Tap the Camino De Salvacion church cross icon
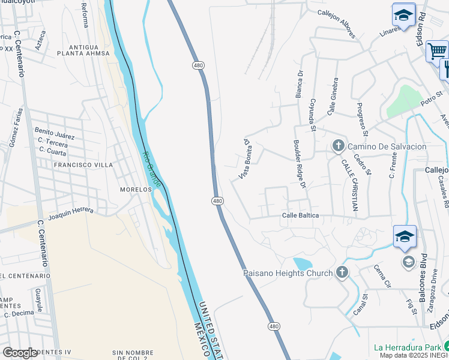[338, 146]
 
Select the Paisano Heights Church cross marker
[342, 273]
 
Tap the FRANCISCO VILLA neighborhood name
[83, 164]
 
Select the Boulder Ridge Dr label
[300, 165]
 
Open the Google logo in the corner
[20, 352]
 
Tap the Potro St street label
[431, 98]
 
